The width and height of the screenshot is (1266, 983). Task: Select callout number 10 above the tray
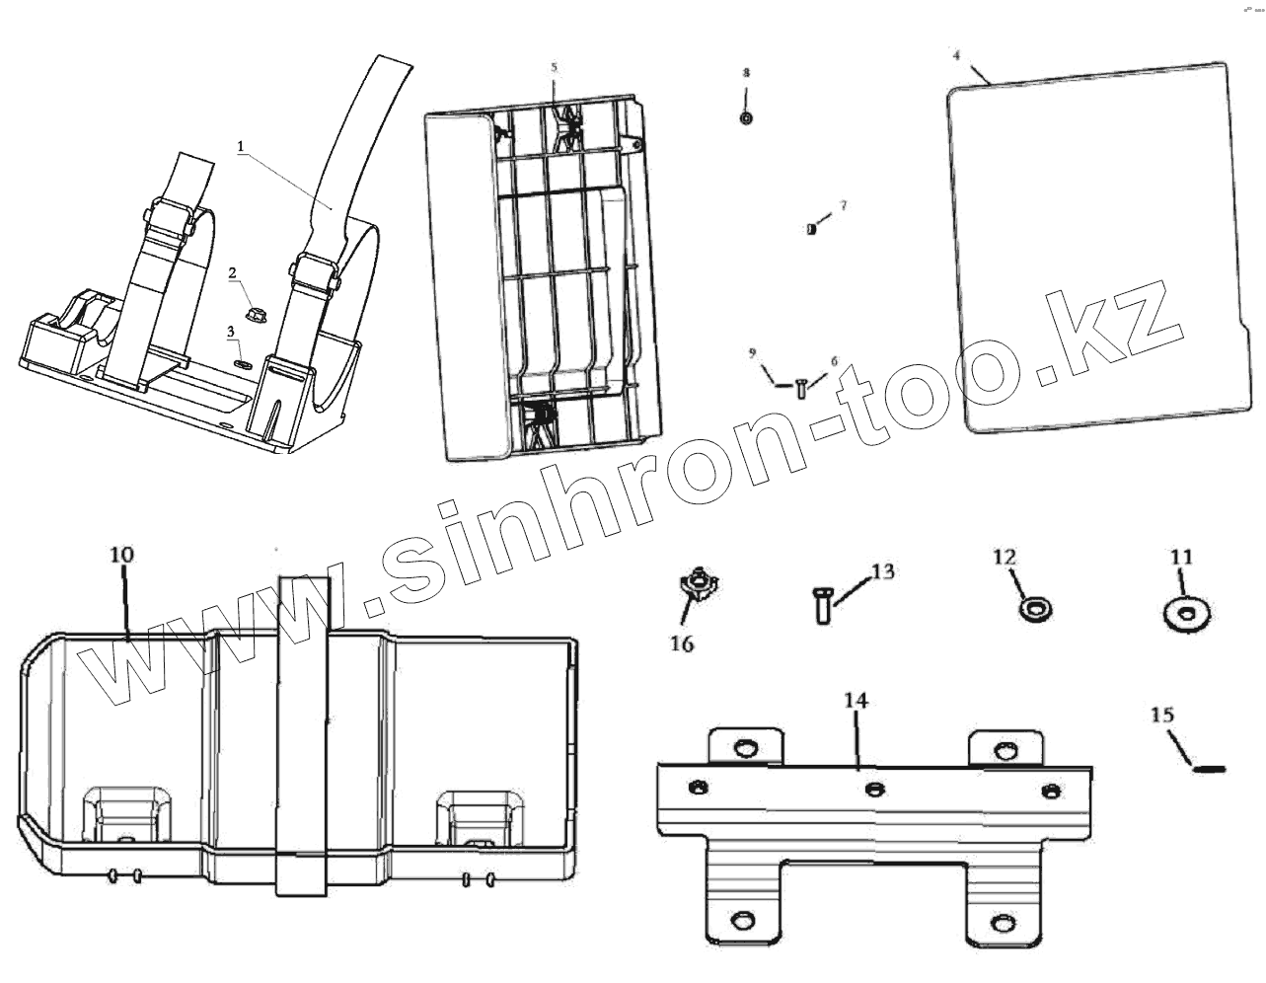pos(121,556)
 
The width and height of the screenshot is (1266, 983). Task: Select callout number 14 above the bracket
pos(856,701)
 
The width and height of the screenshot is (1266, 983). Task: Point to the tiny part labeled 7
pos(811,230)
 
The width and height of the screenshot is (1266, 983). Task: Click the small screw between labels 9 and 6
pos(798,387)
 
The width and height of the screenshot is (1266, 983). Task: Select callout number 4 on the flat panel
pos(955,55)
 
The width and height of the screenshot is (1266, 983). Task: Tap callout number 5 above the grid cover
pos(554,68)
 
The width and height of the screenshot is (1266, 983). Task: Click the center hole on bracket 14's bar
pos(872,788)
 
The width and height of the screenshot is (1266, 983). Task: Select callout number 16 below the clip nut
pos(682,643)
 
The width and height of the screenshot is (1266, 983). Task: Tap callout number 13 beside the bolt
pos(882,570)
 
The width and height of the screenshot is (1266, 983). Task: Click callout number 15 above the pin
pos(1162,713)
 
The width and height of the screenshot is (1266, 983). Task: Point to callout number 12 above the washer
pos(1004,558)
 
